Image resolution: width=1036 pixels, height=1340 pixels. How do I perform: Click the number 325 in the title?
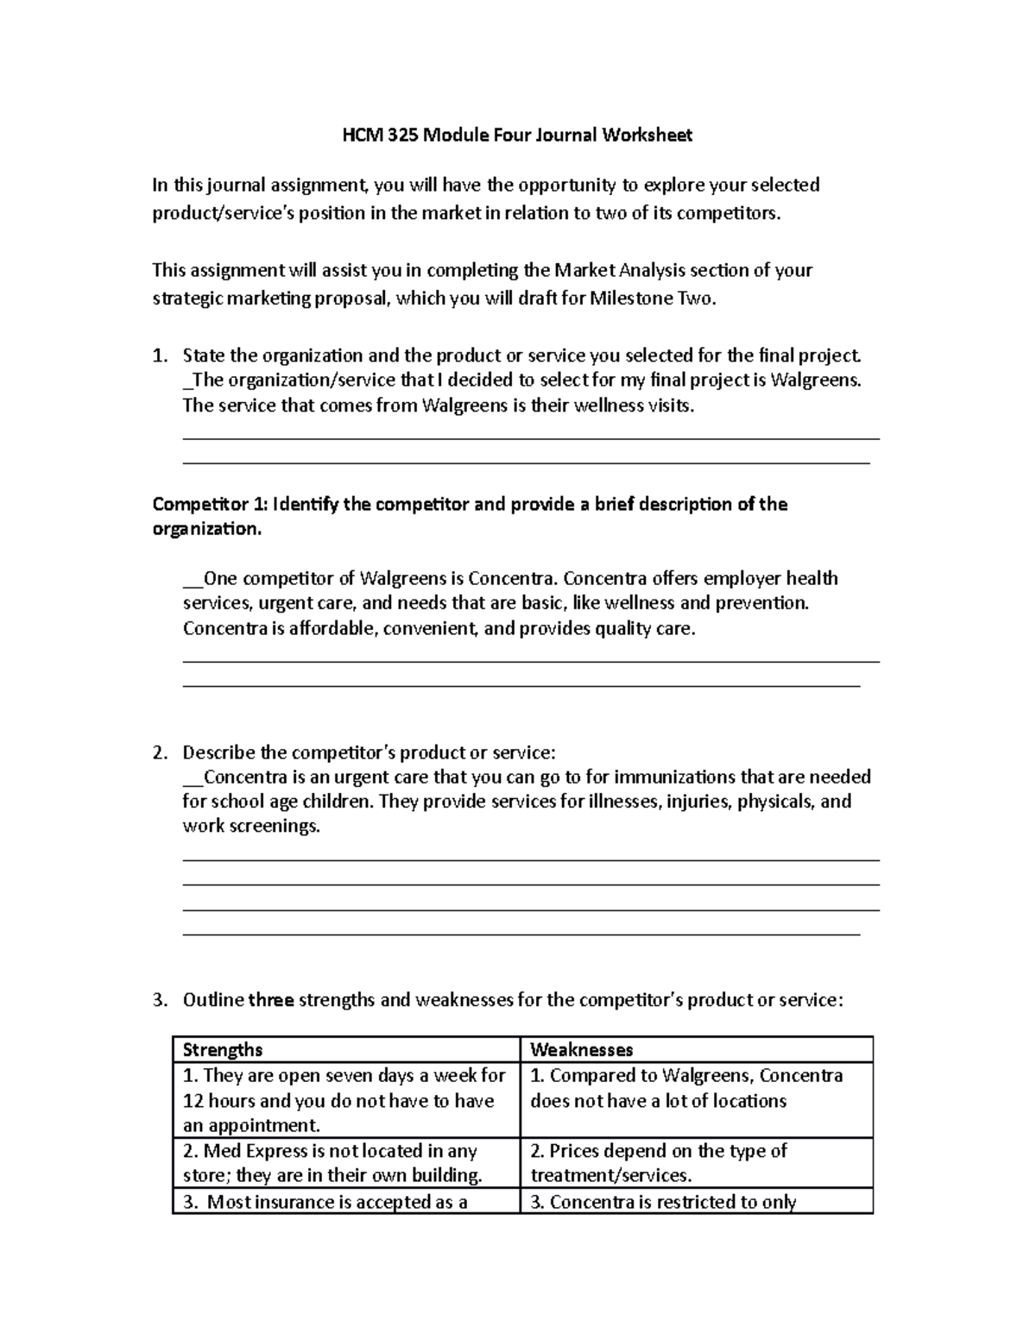coord(403,135)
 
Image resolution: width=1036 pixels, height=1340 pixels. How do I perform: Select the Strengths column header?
coord(223,1049)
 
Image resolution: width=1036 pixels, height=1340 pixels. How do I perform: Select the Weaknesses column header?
coord(581,1049)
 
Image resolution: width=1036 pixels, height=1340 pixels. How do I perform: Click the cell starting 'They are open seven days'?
coord(345,1100)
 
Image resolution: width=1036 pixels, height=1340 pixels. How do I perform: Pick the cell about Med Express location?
coord(345,1162)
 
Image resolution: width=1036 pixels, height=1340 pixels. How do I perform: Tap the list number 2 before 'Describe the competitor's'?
coord(158,752)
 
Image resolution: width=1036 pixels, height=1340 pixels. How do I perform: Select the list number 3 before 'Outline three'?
coord(158,1000)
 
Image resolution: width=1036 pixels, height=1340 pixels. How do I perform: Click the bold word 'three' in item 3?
coord(271,1000)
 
